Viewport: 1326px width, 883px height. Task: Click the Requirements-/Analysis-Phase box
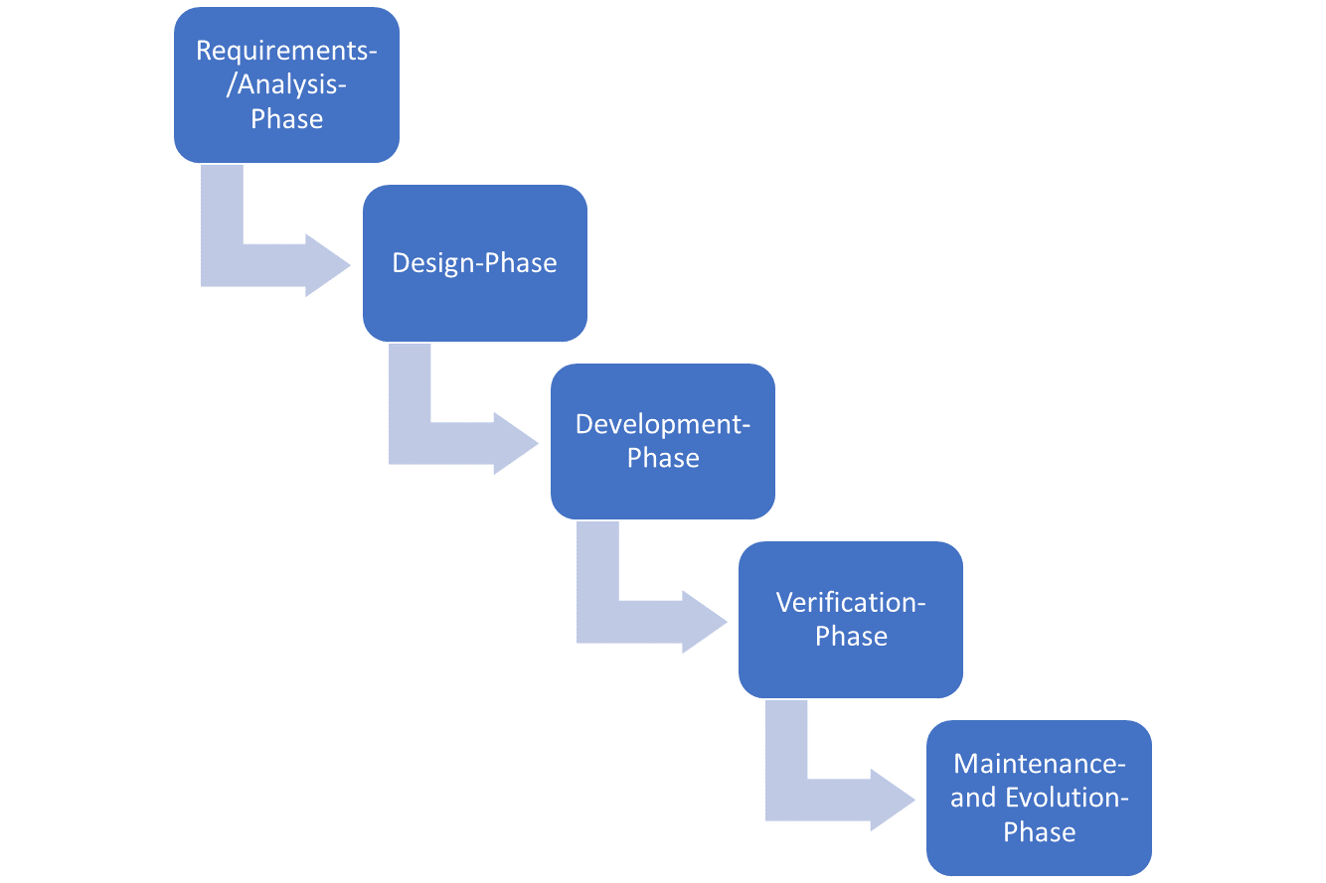(x=286, y=84)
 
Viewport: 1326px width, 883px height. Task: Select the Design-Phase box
(x=475, y=263)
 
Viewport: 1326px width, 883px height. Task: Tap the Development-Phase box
(x=663, y=441)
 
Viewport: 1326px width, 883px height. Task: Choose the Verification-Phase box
(x=851, y=619)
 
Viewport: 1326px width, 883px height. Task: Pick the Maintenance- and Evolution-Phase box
(x=1039, y=798)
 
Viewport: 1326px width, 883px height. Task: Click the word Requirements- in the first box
(x=286, y=52)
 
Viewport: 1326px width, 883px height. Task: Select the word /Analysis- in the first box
(x=286, y=85)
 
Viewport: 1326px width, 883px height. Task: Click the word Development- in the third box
(x=663, y=424)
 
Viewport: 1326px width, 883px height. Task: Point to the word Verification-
(x=851, y=602)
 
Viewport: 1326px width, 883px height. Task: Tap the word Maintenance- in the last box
(x=1040, y=764)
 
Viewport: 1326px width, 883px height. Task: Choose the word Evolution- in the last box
(x=1068, y=798)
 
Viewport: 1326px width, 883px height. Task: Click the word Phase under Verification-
(x=851, y=637)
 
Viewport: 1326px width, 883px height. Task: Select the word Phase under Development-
(x=663, y=458)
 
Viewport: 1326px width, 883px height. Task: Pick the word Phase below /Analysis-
(x=287, y=119)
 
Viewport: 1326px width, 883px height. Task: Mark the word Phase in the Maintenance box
(x=1040, y=831)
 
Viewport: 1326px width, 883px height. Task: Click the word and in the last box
(x=974, y=798)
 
